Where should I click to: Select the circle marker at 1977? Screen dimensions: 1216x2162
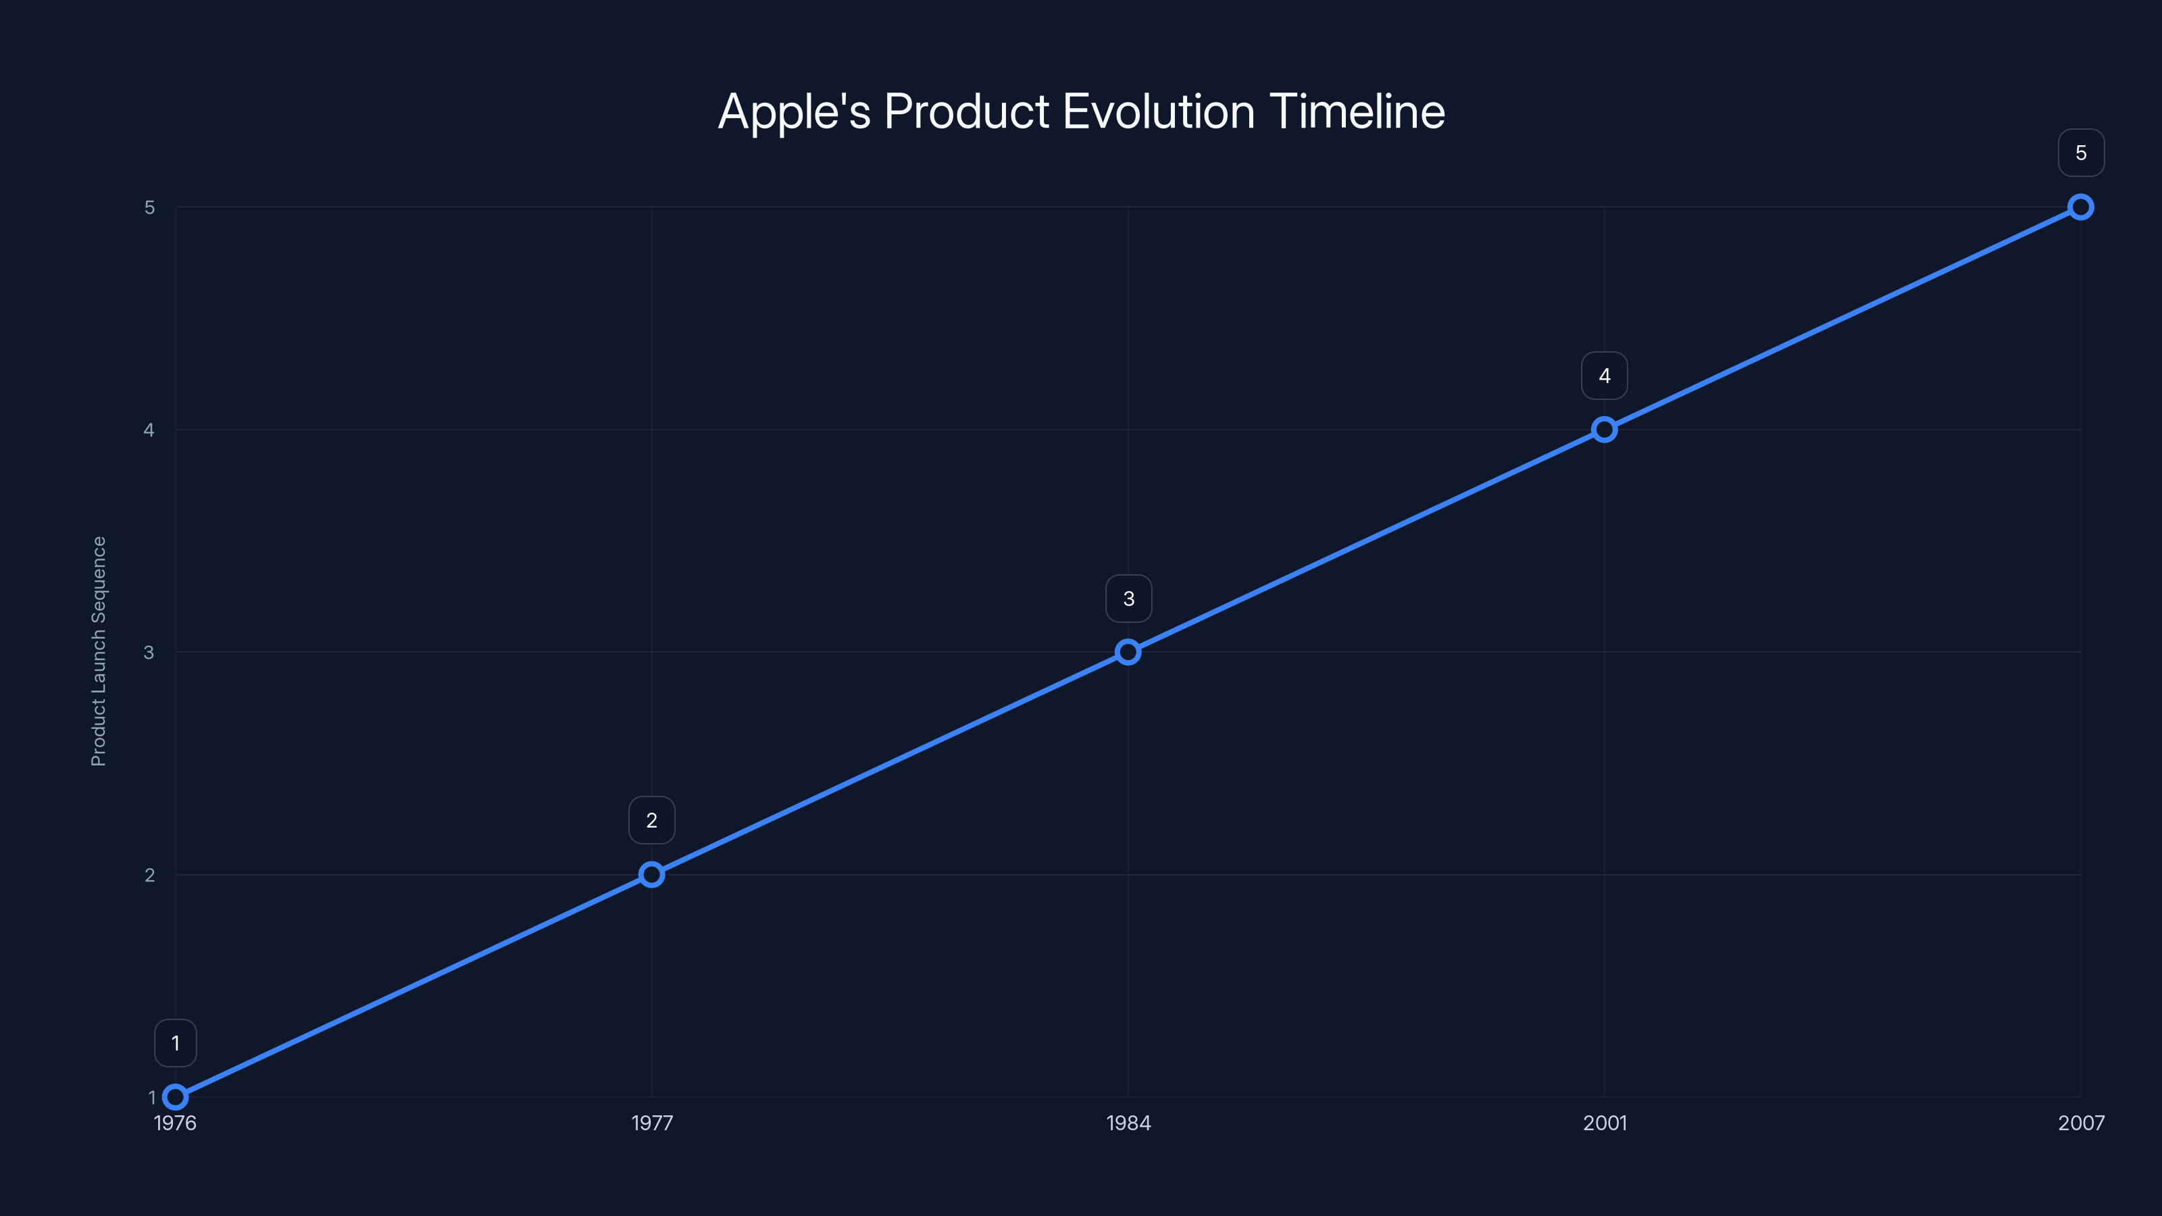tap(651, 874)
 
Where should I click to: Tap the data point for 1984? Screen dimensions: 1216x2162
tap(1128, 652)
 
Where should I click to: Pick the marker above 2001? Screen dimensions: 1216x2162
tap(1604, 430)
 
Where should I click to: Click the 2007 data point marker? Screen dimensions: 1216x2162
tap(2081, 207)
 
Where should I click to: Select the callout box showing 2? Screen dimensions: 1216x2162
tap(651, 820)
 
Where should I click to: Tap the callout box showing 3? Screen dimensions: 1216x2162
tap(1128, 599)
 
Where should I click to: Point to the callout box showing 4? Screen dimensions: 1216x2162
tap(1604, 376)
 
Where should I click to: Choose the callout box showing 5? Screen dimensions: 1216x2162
tap(2081, 153)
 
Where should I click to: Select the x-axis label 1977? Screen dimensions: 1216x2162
tap(651, 1123)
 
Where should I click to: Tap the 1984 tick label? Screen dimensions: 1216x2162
tap(1128, 1123)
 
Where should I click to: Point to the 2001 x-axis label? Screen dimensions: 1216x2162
tap(1604, 1123)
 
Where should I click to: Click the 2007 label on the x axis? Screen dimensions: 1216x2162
tap(2081, 1123)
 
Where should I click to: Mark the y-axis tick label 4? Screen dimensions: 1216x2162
tap(149, 430)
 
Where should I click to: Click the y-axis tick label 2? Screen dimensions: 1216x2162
tap(149, 874)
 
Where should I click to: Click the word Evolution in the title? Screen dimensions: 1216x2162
tap(1158, 111)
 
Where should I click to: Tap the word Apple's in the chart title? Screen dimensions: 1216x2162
tap(794, 111)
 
